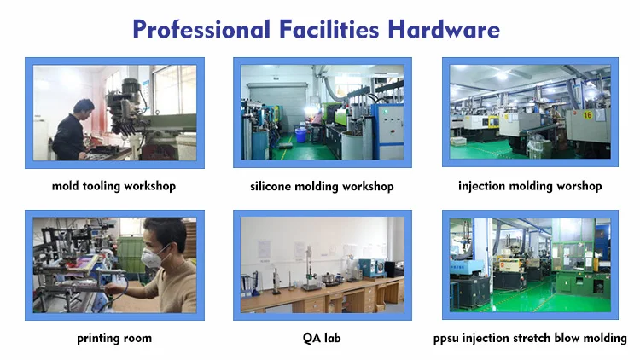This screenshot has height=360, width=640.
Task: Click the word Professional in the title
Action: (201, 30)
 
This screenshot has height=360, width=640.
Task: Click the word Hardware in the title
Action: (444, 29)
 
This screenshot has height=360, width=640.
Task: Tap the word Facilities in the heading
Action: (329, 29)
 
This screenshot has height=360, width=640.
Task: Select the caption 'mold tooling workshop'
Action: (113, 186)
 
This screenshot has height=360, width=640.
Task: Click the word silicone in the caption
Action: (271, 187)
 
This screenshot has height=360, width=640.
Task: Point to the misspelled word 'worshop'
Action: (579, 186)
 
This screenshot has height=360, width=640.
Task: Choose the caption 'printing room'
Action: (114, 339)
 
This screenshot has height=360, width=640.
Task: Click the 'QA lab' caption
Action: (322, 338)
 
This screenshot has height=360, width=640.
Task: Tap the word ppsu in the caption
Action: (445, 339)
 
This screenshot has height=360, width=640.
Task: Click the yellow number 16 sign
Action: (587, 115)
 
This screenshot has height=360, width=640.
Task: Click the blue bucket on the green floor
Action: (301, 135)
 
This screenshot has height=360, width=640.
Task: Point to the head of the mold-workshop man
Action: (84, 109)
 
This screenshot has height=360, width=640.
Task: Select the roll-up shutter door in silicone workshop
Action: (277, 106)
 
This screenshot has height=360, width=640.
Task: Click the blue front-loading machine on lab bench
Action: (372, 268)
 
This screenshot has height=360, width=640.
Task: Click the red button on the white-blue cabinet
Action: (393, 131)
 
